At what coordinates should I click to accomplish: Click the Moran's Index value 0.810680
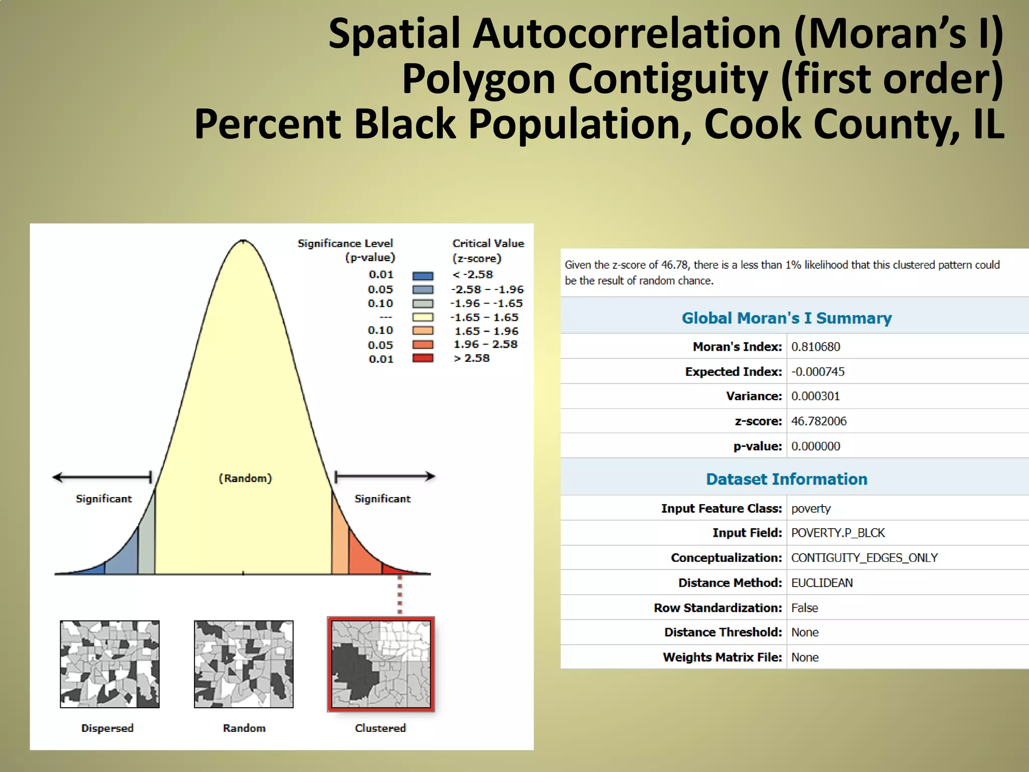point(815,347)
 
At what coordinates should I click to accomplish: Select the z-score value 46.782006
point(818,421)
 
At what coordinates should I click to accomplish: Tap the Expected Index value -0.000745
point(817,372)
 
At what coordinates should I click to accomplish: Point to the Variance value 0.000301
point(815,397)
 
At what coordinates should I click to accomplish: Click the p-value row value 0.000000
point(815,446)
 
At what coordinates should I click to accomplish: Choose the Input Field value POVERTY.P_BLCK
point(838,533)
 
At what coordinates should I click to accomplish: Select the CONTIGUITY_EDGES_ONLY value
point(864,558)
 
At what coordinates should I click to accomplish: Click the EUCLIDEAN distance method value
point(821,583)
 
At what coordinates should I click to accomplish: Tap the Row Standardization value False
point(804,608)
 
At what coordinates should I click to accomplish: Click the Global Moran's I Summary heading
point(786,318)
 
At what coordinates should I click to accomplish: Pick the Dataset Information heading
point(786,479)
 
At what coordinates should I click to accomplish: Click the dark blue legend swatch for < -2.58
point(423,275)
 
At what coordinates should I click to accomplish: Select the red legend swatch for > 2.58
point(423,358)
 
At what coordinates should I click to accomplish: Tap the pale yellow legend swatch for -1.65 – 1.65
point(423,317)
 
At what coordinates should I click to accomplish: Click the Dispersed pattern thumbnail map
point(110,664)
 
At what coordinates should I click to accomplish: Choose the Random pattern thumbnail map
point(244,664)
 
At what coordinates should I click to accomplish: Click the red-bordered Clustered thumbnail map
point(381,664)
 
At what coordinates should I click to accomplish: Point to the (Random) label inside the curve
point(245,478)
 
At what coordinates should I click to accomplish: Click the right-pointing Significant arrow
point(384,476)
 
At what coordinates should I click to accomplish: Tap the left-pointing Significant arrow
point(102,477)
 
